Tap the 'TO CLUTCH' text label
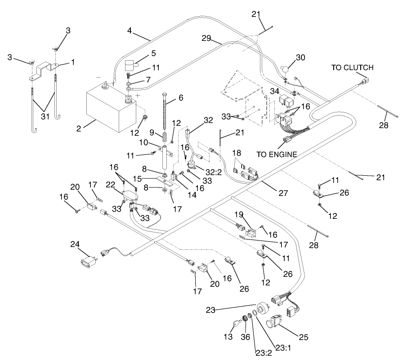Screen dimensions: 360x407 [x=352, y=68]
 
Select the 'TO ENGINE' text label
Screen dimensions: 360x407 [x=277, y=154]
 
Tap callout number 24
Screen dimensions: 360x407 [x=75, y=244]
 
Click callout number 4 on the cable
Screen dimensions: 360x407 [x=130, y=32]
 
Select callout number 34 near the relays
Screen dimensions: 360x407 [x=275, y=92]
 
